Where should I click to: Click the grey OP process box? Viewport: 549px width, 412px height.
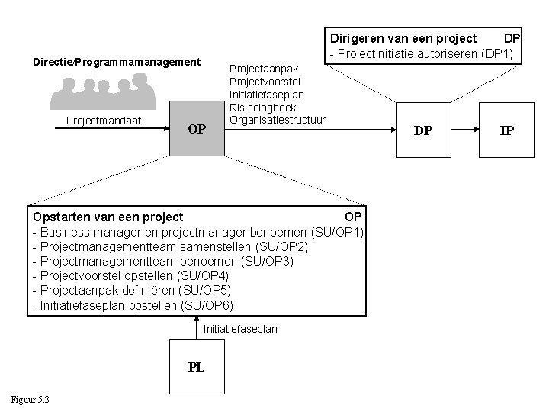(197, 129)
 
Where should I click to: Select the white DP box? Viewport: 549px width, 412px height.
(422, 130)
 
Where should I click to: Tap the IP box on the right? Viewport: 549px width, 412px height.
(506, 130)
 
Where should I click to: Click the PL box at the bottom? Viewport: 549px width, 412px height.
(196, 367)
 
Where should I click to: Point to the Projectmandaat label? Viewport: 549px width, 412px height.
(98, 121)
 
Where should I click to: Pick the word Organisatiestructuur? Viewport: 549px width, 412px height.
(278, 120)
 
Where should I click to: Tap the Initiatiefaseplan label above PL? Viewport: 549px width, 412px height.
(240, 329)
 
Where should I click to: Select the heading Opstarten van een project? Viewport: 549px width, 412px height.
(108, 217)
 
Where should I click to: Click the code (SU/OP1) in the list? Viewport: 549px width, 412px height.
(339, 232)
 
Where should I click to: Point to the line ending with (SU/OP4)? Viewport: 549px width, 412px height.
(131, 275)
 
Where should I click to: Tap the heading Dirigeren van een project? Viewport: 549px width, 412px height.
(403, 38)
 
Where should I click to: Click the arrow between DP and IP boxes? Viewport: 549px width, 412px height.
(464, 130)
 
